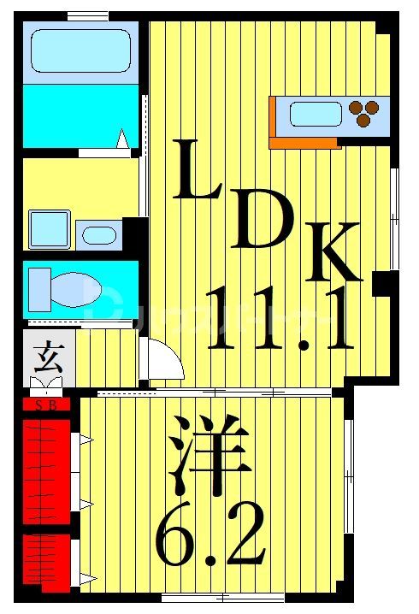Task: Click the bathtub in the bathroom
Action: tap(81, 50)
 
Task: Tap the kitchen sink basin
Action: tap(314, 112)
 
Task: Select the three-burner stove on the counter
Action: tap(365, 113)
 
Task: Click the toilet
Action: tap(64, 284)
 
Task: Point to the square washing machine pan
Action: tap(49, 228)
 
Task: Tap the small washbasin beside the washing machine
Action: tap(100, 234)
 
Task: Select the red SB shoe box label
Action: tap(46, 405)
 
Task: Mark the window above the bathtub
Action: tap(88, 15)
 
